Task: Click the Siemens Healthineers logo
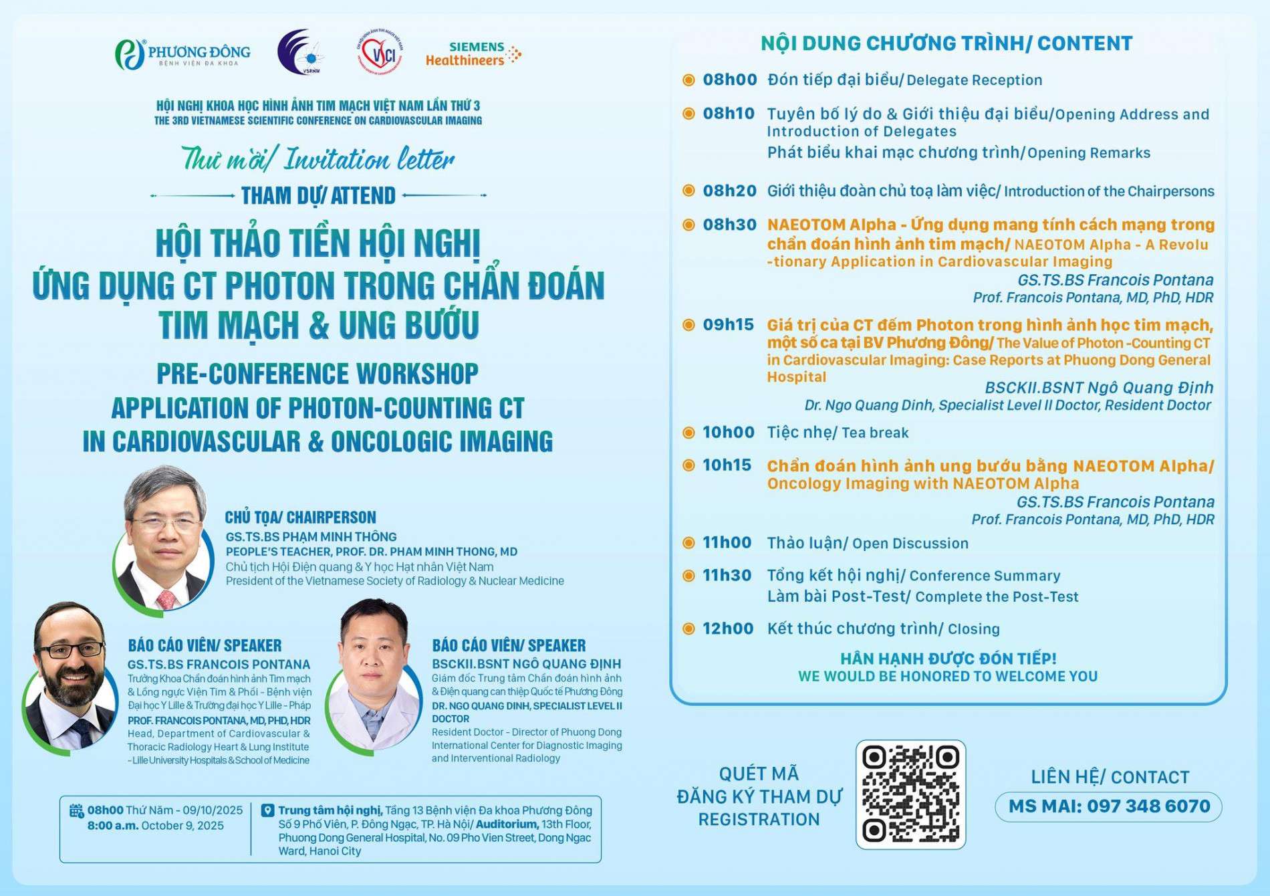click(473, 54)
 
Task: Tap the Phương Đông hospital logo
click(182, 54)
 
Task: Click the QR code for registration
click(910, 794)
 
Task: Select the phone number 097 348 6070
click(1148, 806)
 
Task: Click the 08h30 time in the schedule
click(729, 225)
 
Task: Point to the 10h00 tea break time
click(728, 433)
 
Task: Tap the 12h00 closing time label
click(727, 629)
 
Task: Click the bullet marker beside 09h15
click(688, 325)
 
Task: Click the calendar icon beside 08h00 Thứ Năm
click(77, 810)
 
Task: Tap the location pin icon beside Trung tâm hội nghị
click(267, 810)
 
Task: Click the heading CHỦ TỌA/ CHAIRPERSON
click(300, 518)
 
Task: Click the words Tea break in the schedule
click(875, 433)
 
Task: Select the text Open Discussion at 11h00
click(910, 544)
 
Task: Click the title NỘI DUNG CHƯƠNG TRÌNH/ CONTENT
click(946, 43)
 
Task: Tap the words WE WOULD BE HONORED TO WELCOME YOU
click(948, 677)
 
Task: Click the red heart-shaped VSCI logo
click(380, 52)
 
